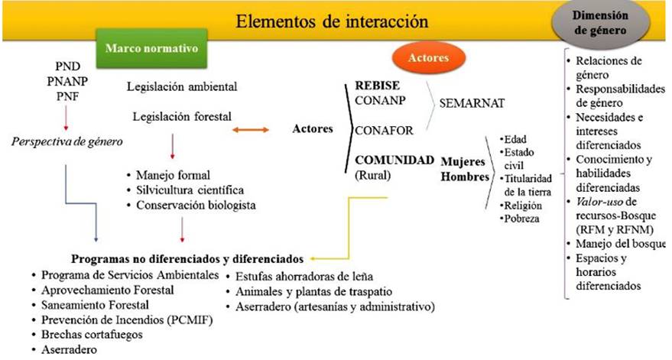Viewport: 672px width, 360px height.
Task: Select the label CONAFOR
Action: (384, 130)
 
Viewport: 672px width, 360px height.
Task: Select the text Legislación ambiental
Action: (182, 86)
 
